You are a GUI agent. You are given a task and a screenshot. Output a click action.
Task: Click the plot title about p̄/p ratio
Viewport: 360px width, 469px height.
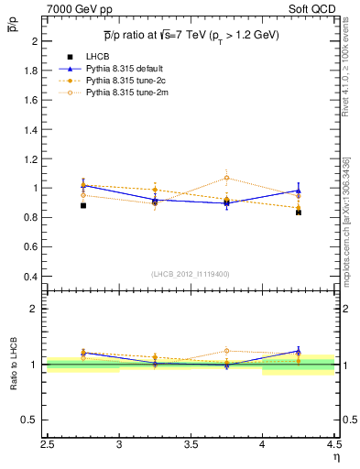(191, 36)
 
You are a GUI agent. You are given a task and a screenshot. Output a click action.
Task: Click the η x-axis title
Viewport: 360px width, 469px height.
(335, 457)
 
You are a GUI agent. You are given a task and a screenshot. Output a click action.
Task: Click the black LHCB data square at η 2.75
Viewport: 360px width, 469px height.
(83, 205)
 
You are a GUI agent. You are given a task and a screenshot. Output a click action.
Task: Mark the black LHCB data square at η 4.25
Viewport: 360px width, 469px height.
(299, 213)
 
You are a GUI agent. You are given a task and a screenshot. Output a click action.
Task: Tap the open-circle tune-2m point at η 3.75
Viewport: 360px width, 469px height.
(226, 178)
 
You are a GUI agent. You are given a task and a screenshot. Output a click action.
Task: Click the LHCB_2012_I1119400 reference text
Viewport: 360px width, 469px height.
(191, 275)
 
